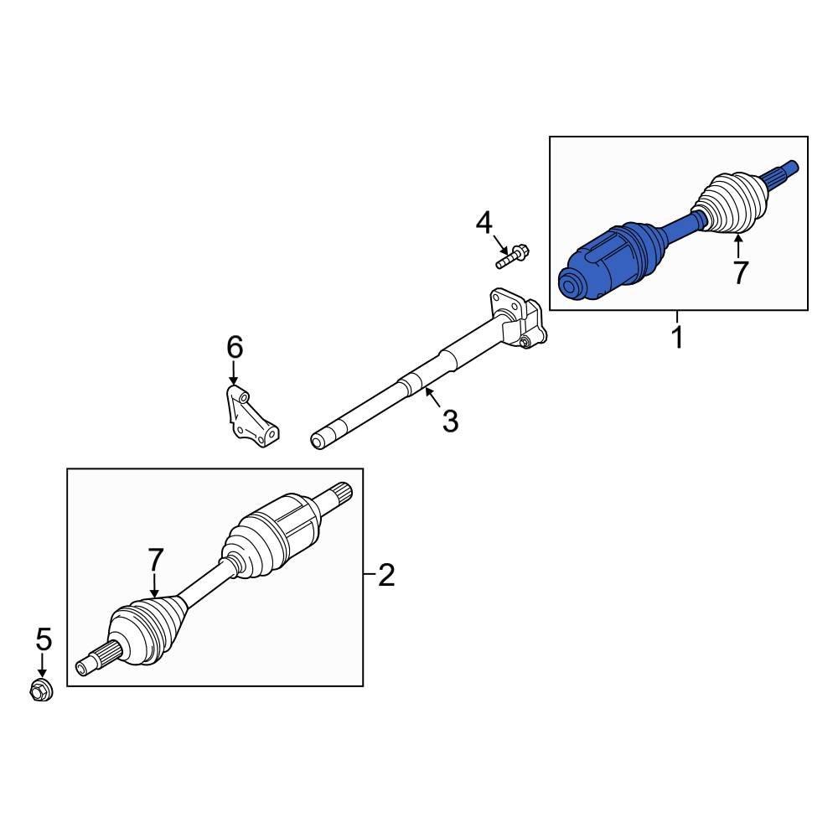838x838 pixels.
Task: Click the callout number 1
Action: [x=677, y=337]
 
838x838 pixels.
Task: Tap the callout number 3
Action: [x=451, y=422]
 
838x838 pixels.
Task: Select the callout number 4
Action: [x=484, y=223]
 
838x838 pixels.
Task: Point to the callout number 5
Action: [x=44, y=639]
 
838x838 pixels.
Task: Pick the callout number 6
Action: [x=235, y=348]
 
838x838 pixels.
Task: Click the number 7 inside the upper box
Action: [x=740, y=272]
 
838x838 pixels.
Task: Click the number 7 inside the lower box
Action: [x=155, y=560]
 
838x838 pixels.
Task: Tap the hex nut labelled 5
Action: [x=40, y=690]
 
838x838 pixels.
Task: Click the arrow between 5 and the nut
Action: [x=42, y=665]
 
